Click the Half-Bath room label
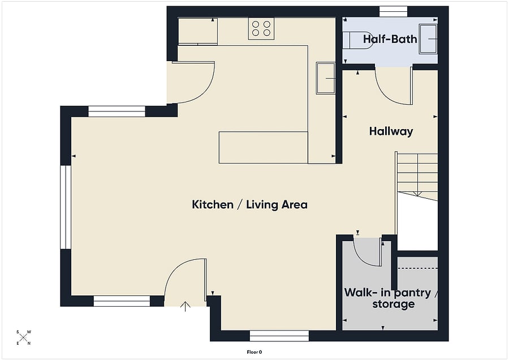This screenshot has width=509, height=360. click(390, 39)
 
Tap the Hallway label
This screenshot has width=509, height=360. click(391, 131)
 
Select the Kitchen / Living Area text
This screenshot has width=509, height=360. click(249, 204)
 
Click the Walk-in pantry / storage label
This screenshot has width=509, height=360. click(391, 298)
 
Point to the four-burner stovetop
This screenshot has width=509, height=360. click(261, 29)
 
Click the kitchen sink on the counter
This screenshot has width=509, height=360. click(326, 78)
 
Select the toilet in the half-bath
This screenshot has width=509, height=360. click(356, 40)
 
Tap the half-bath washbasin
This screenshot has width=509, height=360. click(428, 38)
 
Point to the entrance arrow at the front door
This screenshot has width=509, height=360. click(185, 306)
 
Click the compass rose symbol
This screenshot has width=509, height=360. click(23, 337)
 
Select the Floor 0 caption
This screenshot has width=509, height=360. click(254, 352)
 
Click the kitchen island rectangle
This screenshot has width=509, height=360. click(263, 147)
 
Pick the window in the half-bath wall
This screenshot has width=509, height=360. click(393, 12)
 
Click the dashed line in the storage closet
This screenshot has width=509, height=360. click(417, 268)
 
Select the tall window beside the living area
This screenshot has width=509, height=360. click(66, 207)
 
